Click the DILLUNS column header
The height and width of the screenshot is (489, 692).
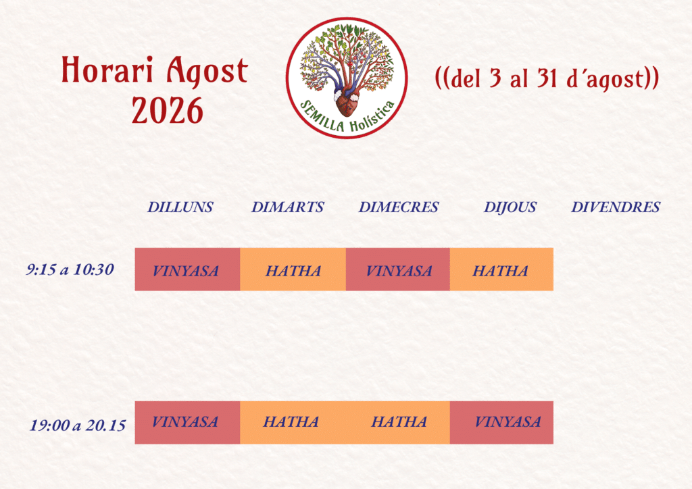180,207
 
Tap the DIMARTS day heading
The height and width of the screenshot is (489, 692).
288,207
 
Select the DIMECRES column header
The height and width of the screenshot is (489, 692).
399,207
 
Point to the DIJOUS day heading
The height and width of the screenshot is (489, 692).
510,207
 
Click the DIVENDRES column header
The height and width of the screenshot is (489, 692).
616,207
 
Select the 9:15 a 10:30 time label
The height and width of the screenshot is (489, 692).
70,269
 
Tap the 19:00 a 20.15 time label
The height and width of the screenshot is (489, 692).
78,425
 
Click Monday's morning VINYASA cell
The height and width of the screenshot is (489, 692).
188,269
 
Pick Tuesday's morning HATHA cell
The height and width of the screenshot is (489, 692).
293,269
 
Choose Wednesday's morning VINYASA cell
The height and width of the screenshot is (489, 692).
398,269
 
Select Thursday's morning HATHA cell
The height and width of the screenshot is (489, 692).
502,269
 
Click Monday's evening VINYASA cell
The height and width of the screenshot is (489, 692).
188,422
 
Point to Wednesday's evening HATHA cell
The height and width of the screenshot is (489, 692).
398,422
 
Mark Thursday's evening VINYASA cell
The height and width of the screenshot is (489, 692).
502,422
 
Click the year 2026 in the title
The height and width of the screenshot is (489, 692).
168,110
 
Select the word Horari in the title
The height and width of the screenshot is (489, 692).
107,70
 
